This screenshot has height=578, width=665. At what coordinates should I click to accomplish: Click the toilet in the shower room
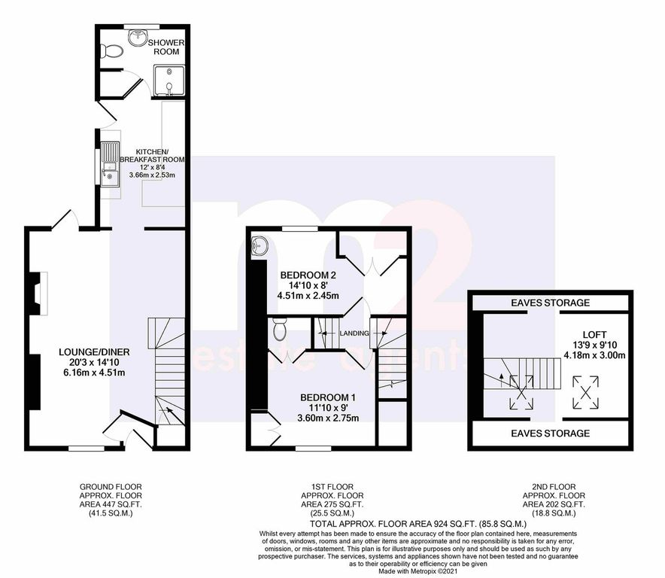tap(112, 51)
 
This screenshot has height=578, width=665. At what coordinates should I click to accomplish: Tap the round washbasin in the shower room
tap(138, 37)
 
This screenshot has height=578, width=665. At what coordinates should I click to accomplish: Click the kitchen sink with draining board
tap(110, 164)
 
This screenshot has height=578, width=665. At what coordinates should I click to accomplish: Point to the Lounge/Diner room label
tap(94, 351)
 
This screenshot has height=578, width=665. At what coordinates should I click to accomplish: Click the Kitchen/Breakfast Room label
tap(152, 156)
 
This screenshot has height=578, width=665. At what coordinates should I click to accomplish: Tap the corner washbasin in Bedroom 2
tap(259, 245)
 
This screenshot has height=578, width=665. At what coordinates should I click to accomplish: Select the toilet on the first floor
tap(280, 329)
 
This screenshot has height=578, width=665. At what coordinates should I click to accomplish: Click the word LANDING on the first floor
tap(354, 333)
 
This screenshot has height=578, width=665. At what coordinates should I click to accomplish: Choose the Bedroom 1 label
tap(328, 397)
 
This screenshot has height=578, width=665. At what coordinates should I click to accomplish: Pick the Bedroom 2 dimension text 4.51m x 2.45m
tap(308, 295)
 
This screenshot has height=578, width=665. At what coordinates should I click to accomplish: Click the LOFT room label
tap(594, 334)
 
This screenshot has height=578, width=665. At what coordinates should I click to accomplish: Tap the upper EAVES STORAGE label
tap(550, 303)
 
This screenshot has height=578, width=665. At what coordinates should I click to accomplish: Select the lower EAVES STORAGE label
tap(550, 433)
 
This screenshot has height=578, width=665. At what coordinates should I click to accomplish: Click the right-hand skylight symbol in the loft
tap(586, 393)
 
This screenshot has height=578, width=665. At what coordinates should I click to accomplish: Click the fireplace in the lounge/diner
tap(39, 294)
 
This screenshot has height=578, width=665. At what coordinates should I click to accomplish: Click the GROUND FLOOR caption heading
tap(111, 487)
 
